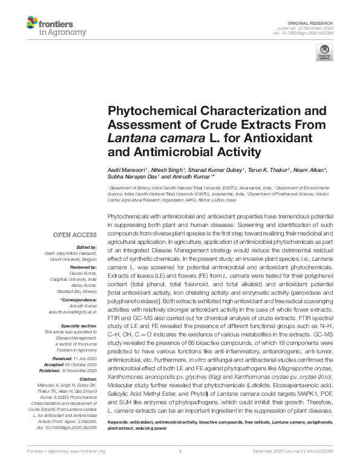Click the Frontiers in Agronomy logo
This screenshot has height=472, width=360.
coord(56,27)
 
